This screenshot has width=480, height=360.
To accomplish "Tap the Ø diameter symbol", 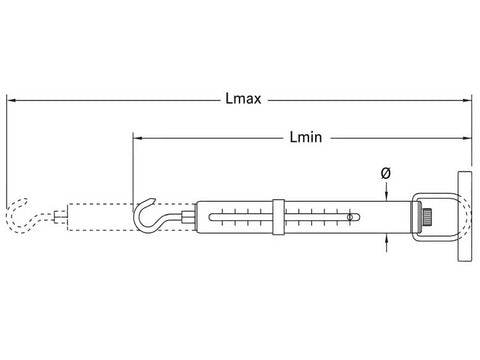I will [386, 173].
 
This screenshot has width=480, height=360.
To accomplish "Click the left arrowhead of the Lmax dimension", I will [11, 99].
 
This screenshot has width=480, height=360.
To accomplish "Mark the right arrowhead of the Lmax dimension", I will [467, 99].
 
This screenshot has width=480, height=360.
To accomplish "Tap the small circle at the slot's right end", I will [351, 216].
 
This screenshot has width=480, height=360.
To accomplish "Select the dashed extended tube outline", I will [100, 215].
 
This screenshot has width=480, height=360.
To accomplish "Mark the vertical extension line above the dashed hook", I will [8, 150].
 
